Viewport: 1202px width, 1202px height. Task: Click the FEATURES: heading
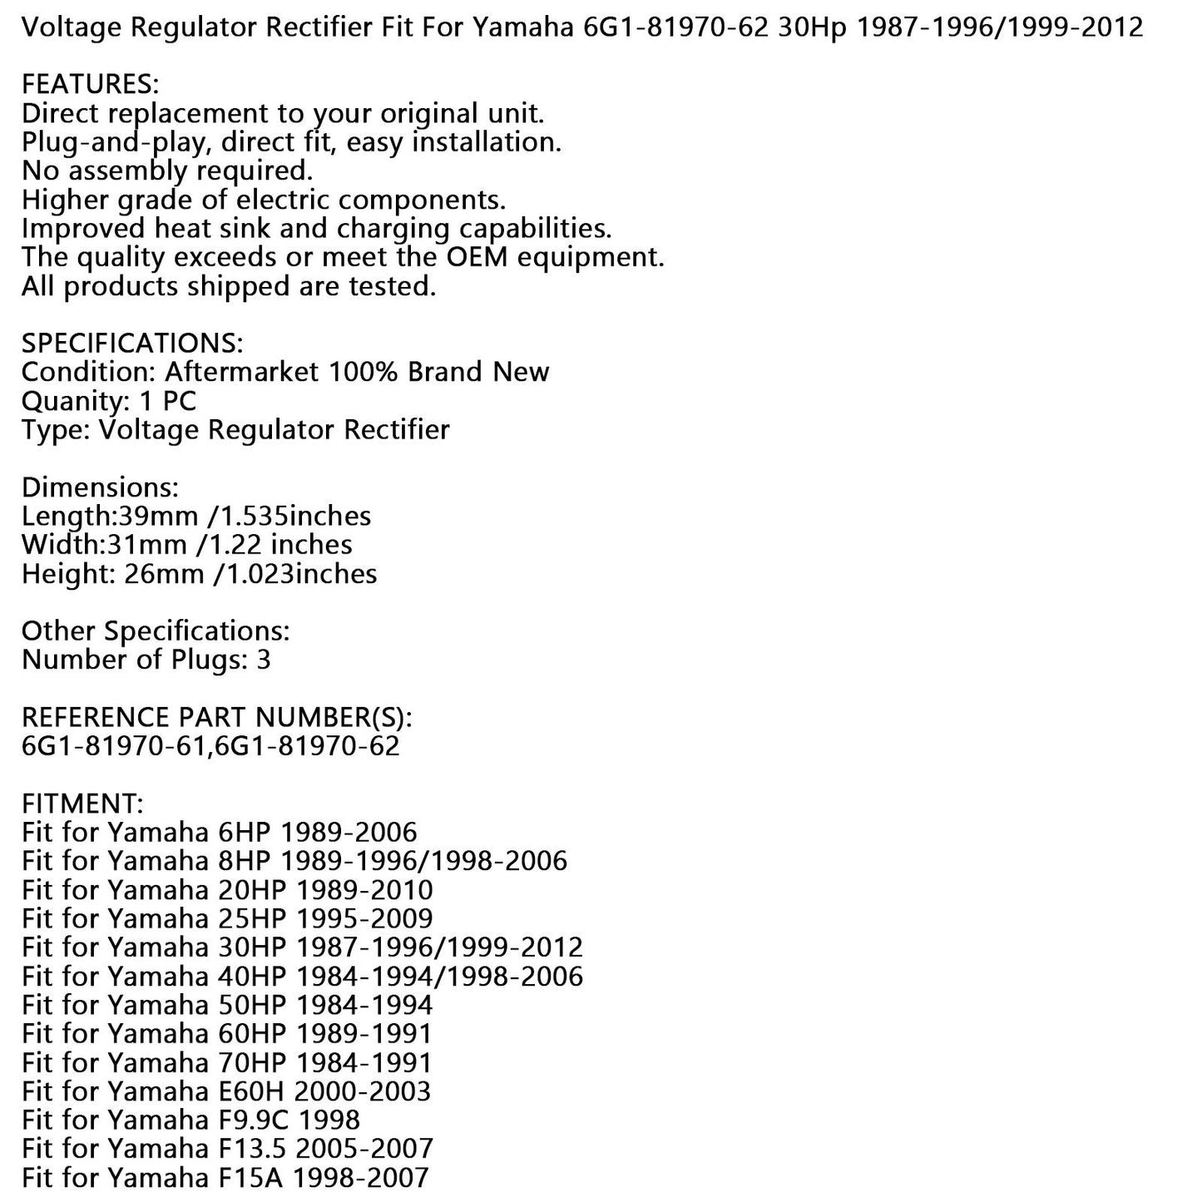(x=90, y=85)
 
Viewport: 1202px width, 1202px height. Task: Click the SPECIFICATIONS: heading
(x=132, y=343)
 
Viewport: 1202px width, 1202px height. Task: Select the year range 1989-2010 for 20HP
(x=365, y=889)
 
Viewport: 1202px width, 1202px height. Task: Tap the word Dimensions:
(x=100, y=487)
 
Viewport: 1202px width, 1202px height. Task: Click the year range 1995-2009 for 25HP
(x=365, y=918)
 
